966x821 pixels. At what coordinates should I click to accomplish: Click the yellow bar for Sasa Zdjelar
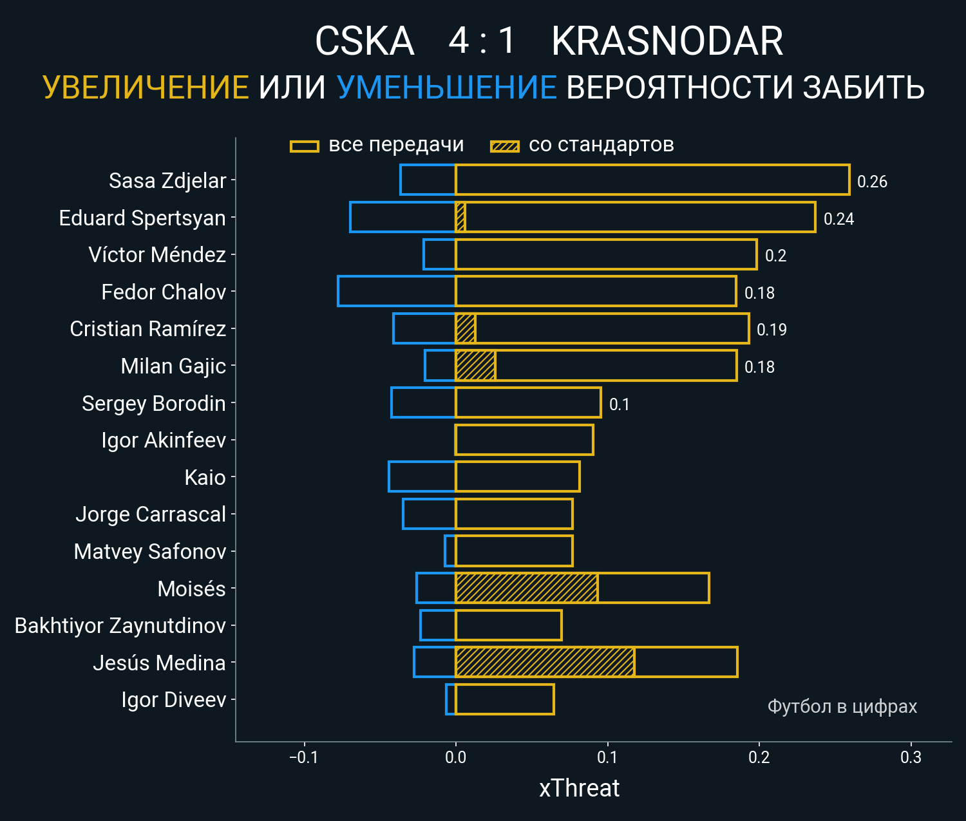(x=652, y=180)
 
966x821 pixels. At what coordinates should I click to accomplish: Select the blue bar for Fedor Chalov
(x=397, y=291)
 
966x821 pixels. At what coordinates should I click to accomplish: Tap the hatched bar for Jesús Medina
(x=545, y=662)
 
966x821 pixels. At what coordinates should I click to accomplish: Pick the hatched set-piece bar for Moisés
(x=526, y=588)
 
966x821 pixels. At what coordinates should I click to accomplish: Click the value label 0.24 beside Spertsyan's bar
(x=838, y=219)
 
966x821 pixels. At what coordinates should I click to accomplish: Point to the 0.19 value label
(x=772, y=330)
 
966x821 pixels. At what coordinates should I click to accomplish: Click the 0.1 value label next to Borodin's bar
(x=619, y=404)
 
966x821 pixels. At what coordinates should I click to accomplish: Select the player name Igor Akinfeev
(x=164, y=440)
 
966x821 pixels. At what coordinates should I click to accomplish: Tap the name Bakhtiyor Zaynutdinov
(x=120, y=626)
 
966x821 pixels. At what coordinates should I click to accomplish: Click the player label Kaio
(x=205, y=478)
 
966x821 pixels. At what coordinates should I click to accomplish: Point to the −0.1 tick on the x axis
(x=304, y=757)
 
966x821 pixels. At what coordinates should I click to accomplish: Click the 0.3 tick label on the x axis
(x=911, y=757)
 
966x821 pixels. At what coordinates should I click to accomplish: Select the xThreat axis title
(x=579, y=788)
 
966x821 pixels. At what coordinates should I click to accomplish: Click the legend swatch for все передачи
(x=305, y=146)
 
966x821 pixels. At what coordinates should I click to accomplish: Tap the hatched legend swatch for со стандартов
(x=505, y=146)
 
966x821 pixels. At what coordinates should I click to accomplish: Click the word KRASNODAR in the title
(x=667, y=42)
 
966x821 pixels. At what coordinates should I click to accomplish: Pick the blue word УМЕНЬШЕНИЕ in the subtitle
(x=446, y=88)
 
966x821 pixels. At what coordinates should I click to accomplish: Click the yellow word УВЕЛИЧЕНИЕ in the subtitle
(x=146, y=88)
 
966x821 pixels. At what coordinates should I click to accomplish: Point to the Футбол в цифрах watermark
(x=842, y=706)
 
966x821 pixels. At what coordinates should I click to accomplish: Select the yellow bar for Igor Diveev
(x=504, y=699)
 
